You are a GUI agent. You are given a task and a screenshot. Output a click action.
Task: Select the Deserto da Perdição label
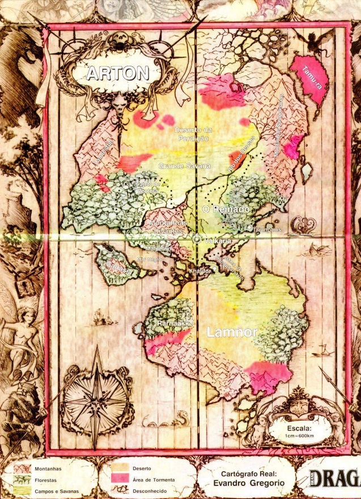(x=192, y=134)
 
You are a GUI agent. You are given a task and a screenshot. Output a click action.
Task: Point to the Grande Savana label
(x=184, y=166)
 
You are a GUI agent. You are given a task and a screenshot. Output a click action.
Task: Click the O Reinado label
(x=226, y=210)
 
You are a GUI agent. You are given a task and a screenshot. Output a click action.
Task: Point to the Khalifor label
(x=201, y=272)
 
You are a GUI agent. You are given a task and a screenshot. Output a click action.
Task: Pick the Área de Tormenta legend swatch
(x=121, y=480)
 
